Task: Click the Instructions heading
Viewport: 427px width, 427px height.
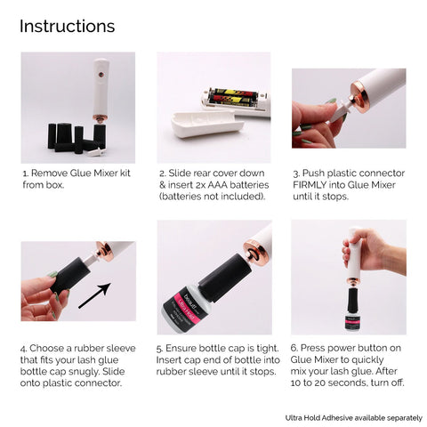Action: pyautogui.click(x=68, y=26)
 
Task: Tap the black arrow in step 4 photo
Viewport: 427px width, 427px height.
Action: pyautogui.click(x=94, y=295)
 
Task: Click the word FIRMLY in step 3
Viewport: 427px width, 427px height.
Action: pyautogui.click(x=310, y=185)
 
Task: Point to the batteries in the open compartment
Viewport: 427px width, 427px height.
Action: pyautogui.click(x=233, y=98)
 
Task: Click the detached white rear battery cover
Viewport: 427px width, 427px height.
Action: pyautogui.click(x=207, y=124)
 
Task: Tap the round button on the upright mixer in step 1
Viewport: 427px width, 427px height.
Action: pyautogui.click(x=101, y=74)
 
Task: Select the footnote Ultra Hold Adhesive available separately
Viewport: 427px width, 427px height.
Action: pyautogui.click(x=354, y=418)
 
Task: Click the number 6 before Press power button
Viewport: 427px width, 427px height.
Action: pyautogui.click(x=294, y=348)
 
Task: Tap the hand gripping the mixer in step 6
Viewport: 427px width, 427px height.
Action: pyautogui.click(x=375, y=251)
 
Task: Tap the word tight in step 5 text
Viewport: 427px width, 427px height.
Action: pyautogui.click(x=267, y=348)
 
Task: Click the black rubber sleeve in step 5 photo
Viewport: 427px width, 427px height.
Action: pyautogui.click(x=225, y=277)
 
